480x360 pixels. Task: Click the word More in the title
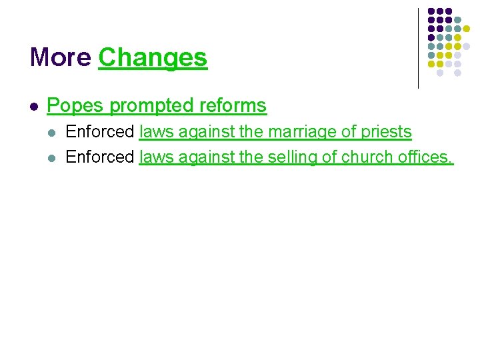click(x=61, y=58)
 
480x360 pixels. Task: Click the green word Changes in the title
click(x=153, y=58)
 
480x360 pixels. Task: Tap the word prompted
click(x=140, y=106)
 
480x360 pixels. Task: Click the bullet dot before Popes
click(x=34, y=106)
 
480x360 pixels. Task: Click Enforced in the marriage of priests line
click(x=100, y=132)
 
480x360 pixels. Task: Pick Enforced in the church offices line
click(x=100, y=157)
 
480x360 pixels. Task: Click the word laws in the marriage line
click(x=155, y=132)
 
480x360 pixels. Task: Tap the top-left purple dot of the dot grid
click(x=431, y=12)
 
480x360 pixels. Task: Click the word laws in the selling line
click(x=155, y=157)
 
